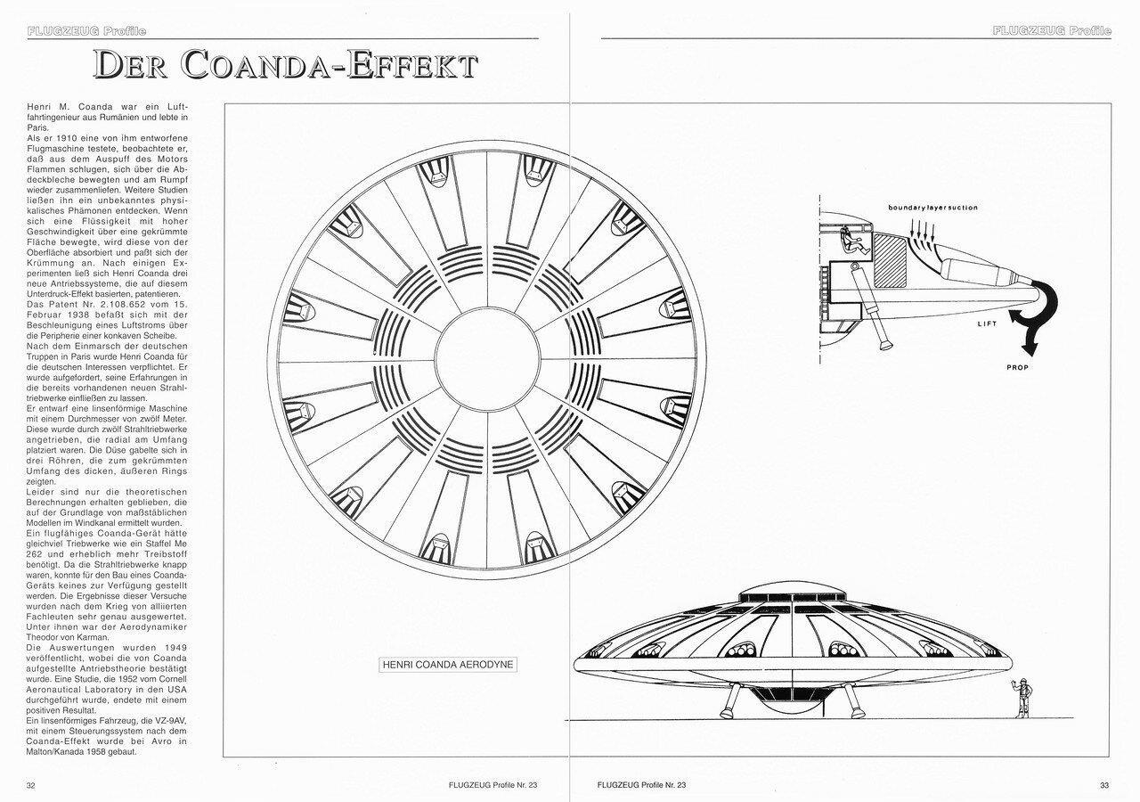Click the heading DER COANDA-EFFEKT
286,65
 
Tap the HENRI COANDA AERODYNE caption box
448,664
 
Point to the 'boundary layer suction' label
932,208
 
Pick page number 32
31,785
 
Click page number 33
1103,785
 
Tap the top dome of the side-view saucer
793,593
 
